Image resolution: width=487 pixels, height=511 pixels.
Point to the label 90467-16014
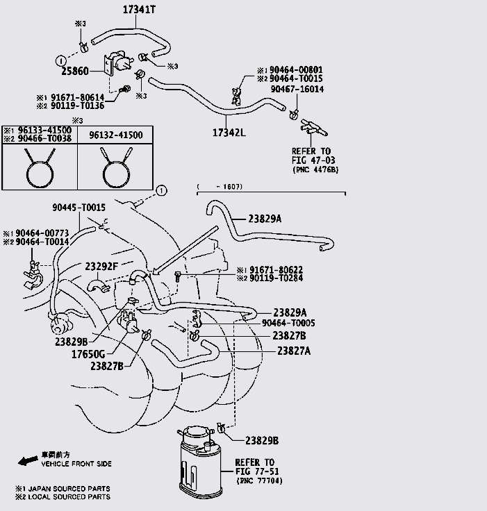point(297,89)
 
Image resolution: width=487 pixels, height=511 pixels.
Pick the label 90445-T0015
point(79,207)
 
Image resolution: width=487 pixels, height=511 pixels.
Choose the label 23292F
point(101,265)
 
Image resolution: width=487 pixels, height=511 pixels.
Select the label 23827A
point(294,351)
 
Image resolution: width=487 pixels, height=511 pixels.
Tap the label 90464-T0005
point(288,324)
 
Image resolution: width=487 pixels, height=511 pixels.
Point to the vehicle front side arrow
point(27,460)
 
